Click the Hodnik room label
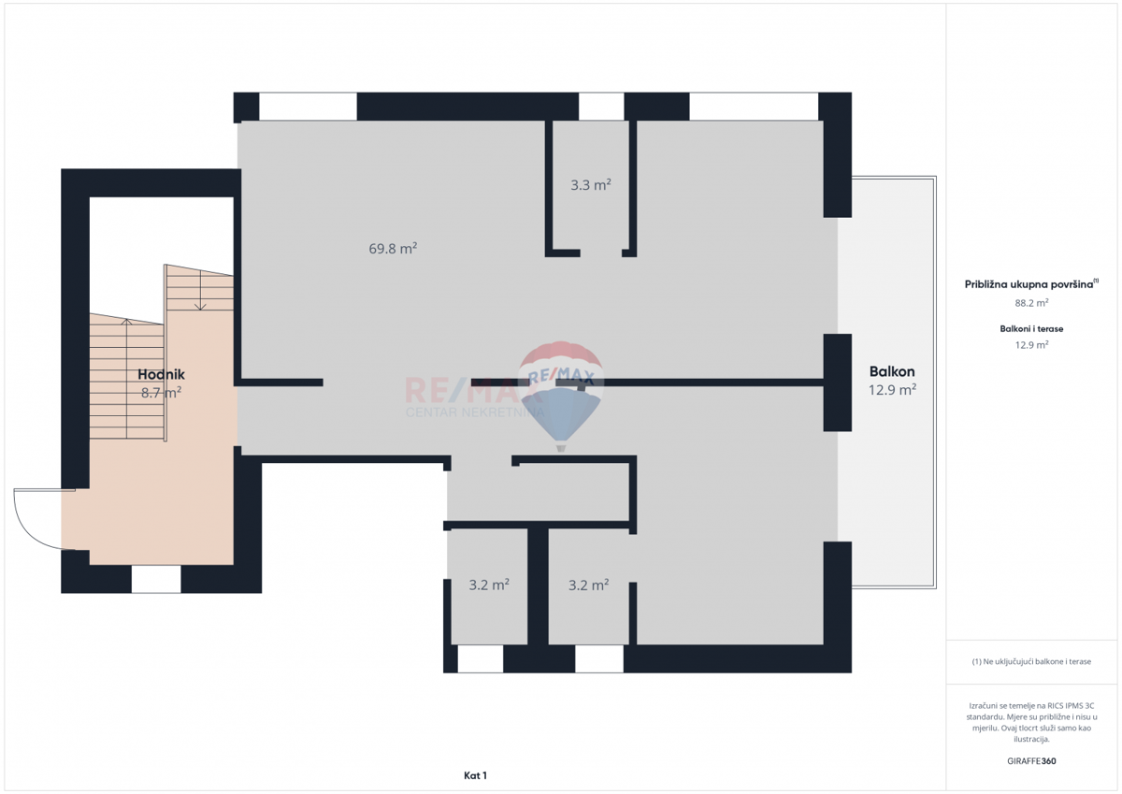coord(161,374)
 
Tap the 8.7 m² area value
coord(161,394)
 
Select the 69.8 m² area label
coord(393,249)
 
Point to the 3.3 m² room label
coord(591,185)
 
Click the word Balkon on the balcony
coord(892,370)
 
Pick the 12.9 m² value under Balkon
coord(892,390)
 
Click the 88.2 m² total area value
coord(1031,303)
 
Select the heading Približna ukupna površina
coord(1030,284)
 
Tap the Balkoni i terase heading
coord(1031,329)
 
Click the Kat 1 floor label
coord(475,775)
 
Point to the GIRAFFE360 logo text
coord(1031,761)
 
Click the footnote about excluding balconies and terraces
coord(1031,661)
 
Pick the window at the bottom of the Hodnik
coord(156,579)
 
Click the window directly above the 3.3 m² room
coord(601,107)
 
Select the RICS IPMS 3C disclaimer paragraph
coord(1031,721)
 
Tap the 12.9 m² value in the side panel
coord(1031,345)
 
